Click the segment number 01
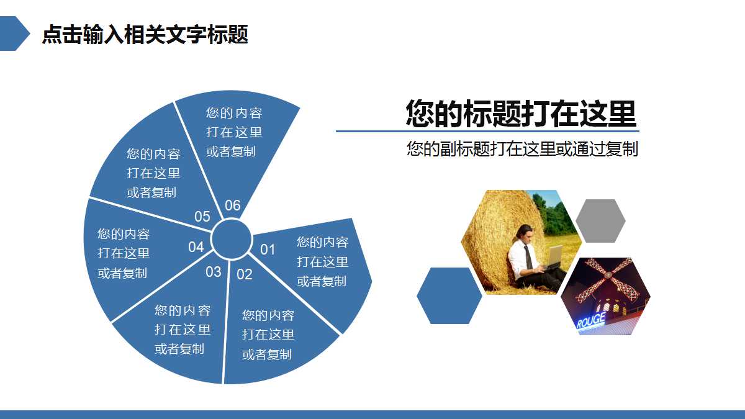pyautogui.click(x=268, y=250)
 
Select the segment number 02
pyautogui.click(x=245, y=274)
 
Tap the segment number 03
pyautogui.click(x=213, y=272)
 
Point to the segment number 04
pyautogui.click(x=196, y=247)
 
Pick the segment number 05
pyautogui.click(x=202, y=217)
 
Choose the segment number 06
pyautogui.click(x=232, y=205)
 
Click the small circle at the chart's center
pyautogui.click(x=231, y=239)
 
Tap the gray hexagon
pyautogui.click(x=600, y=221)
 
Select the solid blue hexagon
pyautogui.click(x=449, y=295)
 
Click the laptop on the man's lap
pyautogui.click(x=554, y=256)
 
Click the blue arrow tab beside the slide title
pyautogui.click(x=14, y=34)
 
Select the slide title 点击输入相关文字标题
pyautogui.click(x=145, y=34)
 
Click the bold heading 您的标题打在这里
pyautogui.click(x=521, y=114)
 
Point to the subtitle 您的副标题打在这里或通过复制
pyautogui.click(x=522, y=149)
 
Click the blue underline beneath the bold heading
pyautogui.click(x=487, y=132)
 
